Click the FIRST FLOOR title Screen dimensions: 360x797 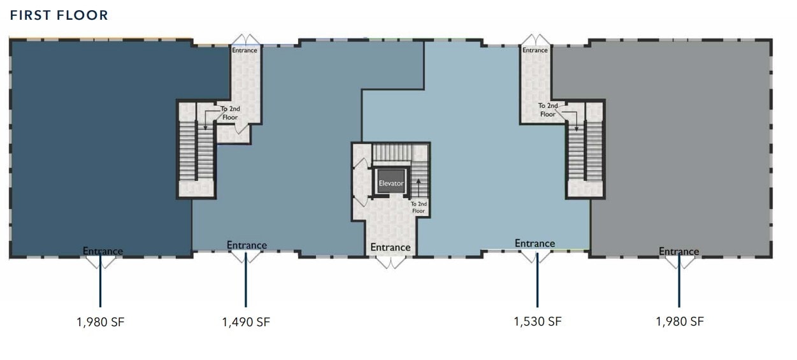[x=59, y=15]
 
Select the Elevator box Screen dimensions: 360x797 [x=391, y=183]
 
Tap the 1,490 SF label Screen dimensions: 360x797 [x=246, y=322]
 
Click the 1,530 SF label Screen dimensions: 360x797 [x=537, y=321]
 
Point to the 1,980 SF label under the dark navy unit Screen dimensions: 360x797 [x=100, y=322]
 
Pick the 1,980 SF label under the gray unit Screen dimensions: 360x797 [x=680, y=321]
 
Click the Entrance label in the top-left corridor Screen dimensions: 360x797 [x=245, y=50]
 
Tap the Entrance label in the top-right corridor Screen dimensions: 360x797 [x=535, y=50]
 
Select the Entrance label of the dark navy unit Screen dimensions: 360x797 [x=103, y=251]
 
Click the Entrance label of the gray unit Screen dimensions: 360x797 [x=679, y=252]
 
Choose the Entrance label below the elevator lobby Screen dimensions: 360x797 [x=391, y=247]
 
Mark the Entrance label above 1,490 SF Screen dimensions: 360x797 [x=247, y=245]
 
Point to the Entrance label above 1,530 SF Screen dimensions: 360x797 [x=535, y=243]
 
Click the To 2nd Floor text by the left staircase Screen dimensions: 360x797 [x=230, y=113]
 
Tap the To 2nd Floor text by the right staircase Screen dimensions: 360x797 [x=548, y=110]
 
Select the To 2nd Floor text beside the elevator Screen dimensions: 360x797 [x=418, y=207]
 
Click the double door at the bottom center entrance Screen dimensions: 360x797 [x=391, y=261]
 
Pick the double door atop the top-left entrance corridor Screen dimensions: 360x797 [x=245, y=40]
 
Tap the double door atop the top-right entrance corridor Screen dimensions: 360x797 [x=535, y=40]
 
